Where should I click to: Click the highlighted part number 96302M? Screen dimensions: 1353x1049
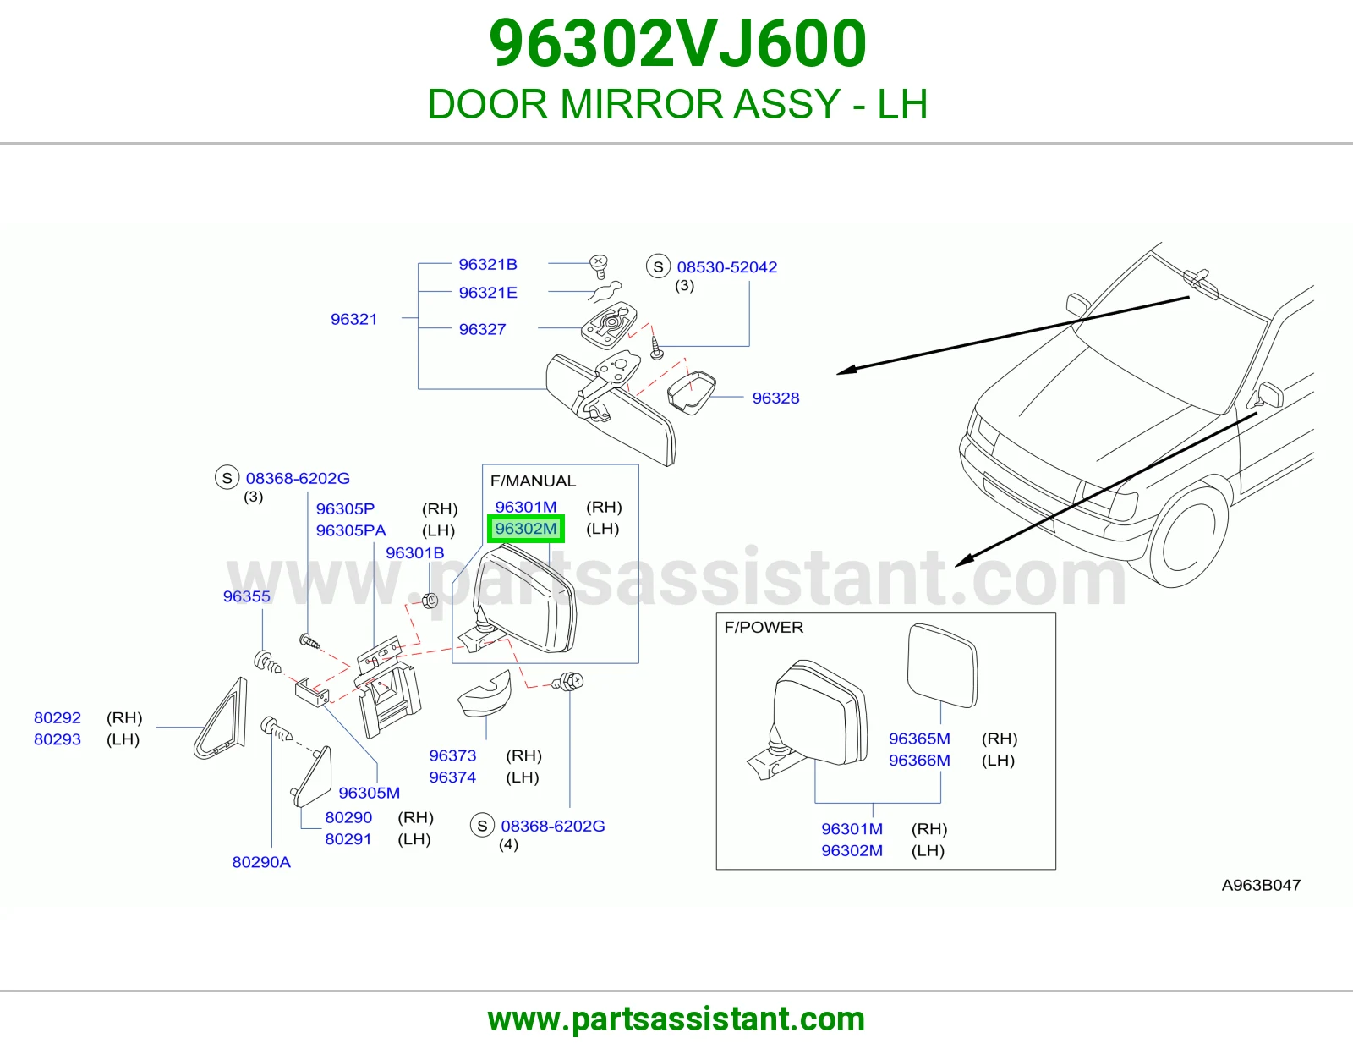pyautogui.click(x=525, y=529)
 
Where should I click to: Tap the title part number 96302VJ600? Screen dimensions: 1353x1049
pyautogui.click(x=677, y=43)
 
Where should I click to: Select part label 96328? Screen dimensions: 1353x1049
pyautogui.click(x=775, y=398)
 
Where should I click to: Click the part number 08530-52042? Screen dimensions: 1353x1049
pyautogui.click(x=726, y=266)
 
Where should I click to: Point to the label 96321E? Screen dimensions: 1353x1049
pyautogui.click(x=488, y=292)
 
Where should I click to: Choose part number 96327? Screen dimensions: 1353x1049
pyautogui.click(x=482, y=329)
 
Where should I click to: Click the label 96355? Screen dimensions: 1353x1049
pyautogui.click(x=247, y=596)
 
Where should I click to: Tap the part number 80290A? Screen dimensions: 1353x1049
pyautogui.click(x=261, y=861)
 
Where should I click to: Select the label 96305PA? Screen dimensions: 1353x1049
pyautogui.click(x=351, y=530)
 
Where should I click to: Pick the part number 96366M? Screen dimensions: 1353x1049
pyautogui.click(x=919, y=760)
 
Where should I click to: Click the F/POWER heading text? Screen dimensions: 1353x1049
pyautogui.click(x=764, y=627)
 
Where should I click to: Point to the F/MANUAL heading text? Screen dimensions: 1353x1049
pyautogui.click(x=533, y=481)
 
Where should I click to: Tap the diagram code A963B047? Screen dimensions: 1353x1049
pyautogui.click(x=1261, y=885)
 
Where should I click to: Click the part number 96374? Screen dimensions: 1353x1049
pyautogui.click(x=452, y=777)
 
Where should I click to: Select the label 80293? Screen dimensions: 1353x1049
pyautogui.click(x=58, y=739)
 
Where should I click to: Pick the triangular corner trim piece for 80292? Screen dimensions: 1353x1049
pyautogui.click(x=222, y=718)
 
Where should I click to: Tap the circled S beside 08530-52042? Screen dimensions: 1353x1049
pyautogui.click(x=658, y=266)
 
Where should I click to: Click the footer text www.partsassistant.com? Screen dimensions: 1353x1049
pyautogui.click(x=676, y=1019)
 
